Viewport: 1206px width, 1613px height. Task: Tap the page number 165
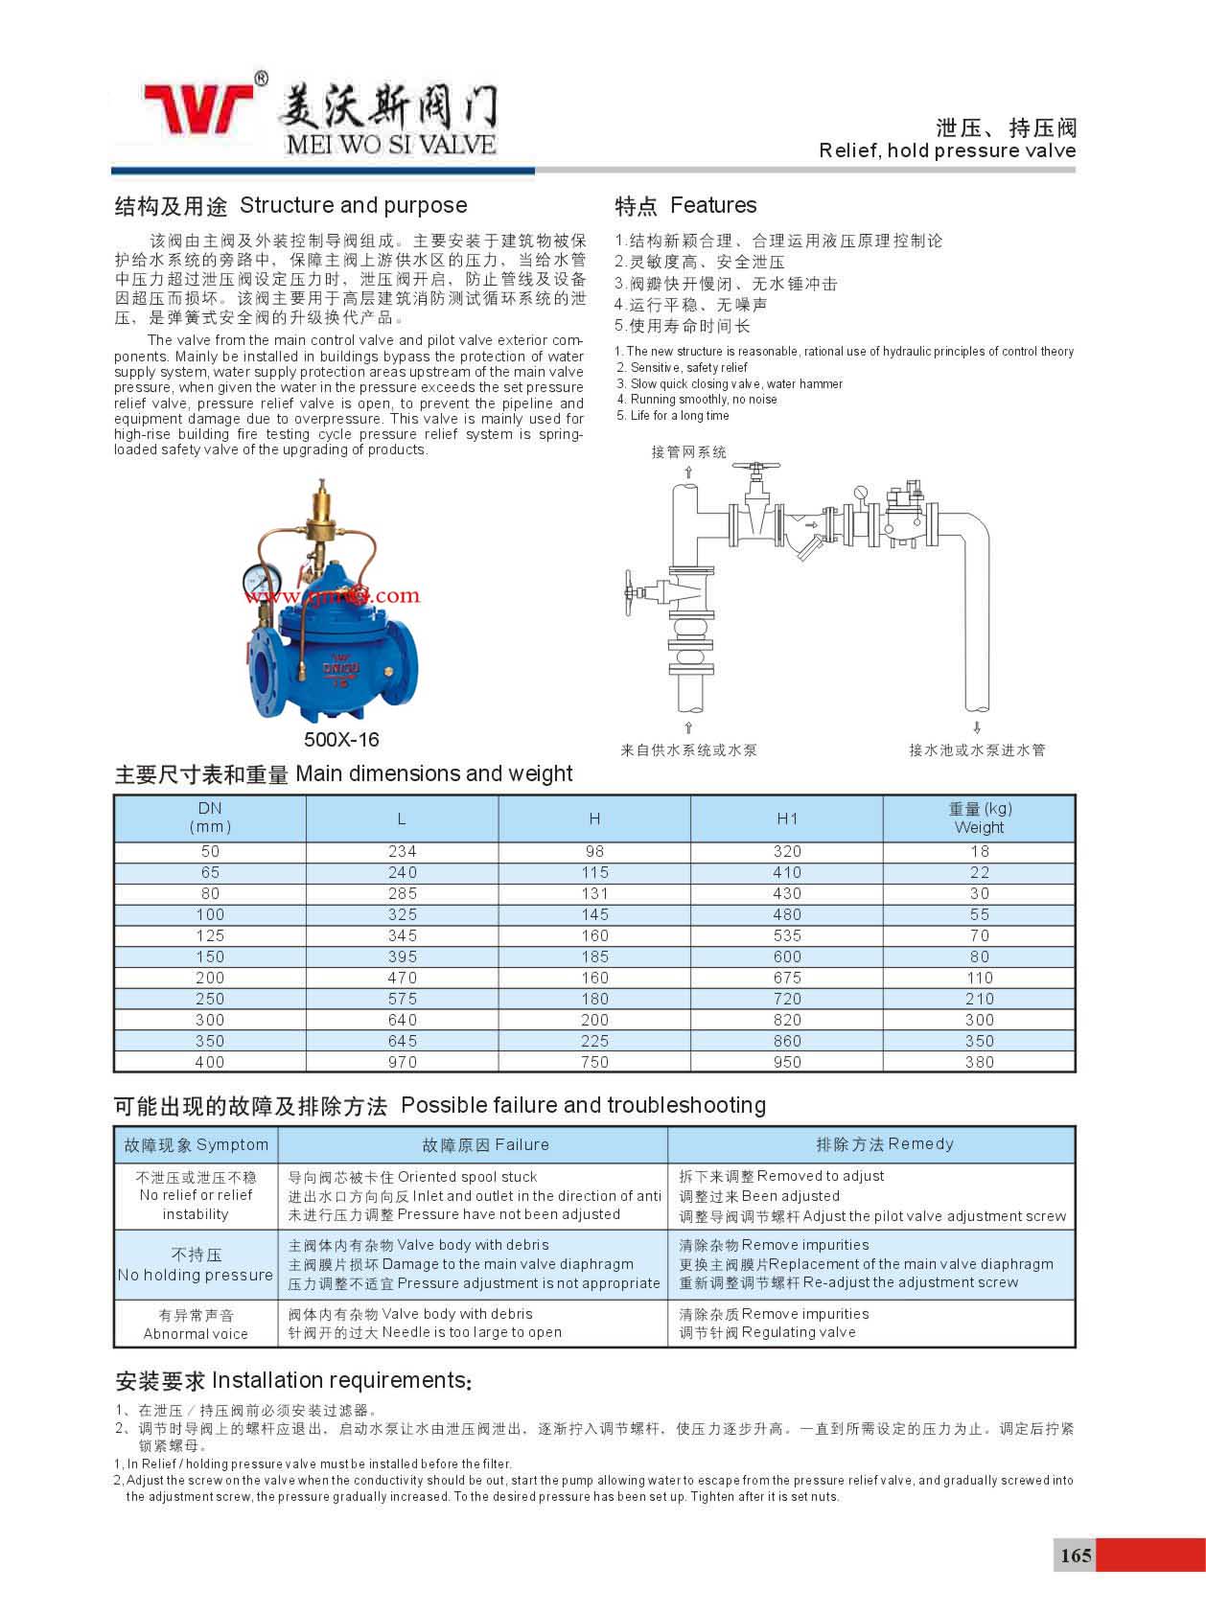tap(1075, 1555)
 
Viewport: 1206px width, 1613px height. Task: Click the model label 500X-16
tap(341, 739)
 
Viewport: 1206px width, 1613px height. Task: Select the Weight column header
tap(979, 818)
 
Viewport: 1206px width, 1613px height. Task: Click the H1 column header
tap(787, 818)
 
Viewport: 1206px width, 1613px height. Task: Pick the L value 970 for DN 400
tap(403, 1062)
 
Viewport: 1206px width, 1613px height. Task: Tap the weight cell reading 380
tap(979, 1062)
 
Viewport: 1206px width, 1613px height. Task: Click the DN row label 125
tap(210, 935)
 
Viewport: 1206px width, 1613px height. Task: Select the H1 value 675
tap(787, 978)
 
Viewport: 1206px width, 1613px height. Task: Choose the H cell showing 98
tap(594, 851)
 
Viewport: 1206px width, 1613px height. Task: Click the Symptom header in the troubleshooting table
tap(197, 1144)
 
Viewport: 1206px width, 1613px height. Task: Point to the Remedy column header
tap(885, 1143)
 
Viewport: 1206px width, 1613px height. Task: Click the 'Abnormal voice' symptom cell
tap(196, 1325)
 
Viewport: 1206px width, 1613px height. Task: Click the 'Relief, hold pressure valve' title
tap(947, 150)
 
